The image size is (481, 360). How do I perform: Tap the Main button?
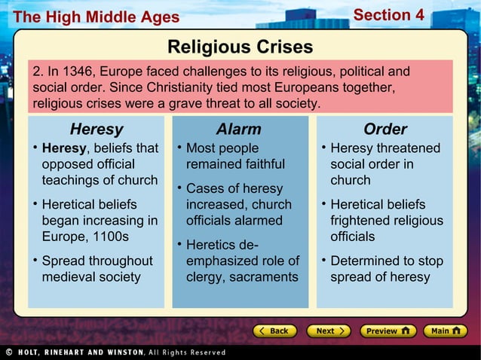coord(445,331)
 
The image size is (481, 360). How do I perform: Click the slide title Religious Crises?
coord(240,47)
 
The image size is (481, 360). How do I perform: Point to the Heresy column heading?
coord(96,129)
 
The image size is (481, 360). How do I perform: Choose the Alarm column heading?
coord(239,129)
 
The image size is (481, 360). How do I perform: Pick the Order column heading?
coord(384,129)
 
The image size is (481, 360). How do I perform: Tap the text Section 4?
coord(388,15)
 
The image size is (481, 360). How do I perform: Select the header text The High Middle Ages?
coord(96,17)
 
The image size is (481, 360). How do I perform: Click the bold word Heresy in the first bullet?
coord(65,148)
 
